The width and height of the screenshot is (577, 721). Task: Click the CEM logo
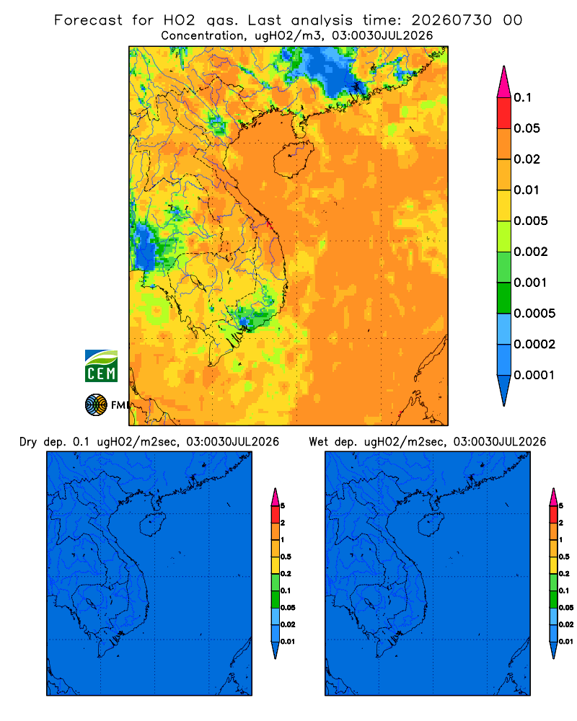tap(101, 366)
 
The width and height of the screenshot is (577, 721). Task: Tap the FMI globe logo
tap(96, 404)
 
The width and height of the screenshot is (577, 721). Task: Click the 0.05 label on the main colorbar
tap(527, 128)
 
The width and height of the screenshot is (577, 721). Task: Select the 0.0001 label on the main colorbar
tap(534, 375)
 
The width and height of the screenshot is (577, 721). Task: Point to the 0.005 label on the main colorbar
tap(531, 221)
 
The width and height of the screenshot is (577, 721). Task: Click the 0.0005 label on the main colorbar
tap(534, 314)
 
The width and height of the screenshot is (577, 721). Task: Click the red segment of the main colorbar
tap(504, 113)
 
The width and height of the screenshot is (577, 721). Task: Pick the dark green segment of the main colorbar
tap(504, 298)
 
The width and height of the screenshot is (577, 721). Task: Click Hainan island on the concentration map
tap(293, 158)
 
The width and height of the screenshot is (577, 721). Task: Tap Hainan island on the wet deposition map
tap(431, 525)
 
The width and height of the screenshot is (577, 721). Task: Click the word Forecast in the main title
tap(88, 20)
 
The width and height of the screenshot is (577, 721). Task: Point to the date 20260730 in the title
tap(452, 20)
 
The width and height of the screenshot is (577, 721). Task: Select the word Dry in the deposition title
tap(27, 442)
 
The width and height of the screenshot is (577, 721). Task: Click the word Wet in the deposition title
tap(318, 442)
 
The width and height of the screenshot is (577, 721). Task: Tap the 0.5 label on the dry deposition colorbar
tap(286, 557)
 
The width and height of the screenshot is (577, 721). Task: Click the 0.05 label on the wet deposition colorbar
tap(566, 608)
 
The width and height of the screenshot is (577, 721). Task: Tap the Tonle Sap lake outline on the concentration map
tap(195, 280)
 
